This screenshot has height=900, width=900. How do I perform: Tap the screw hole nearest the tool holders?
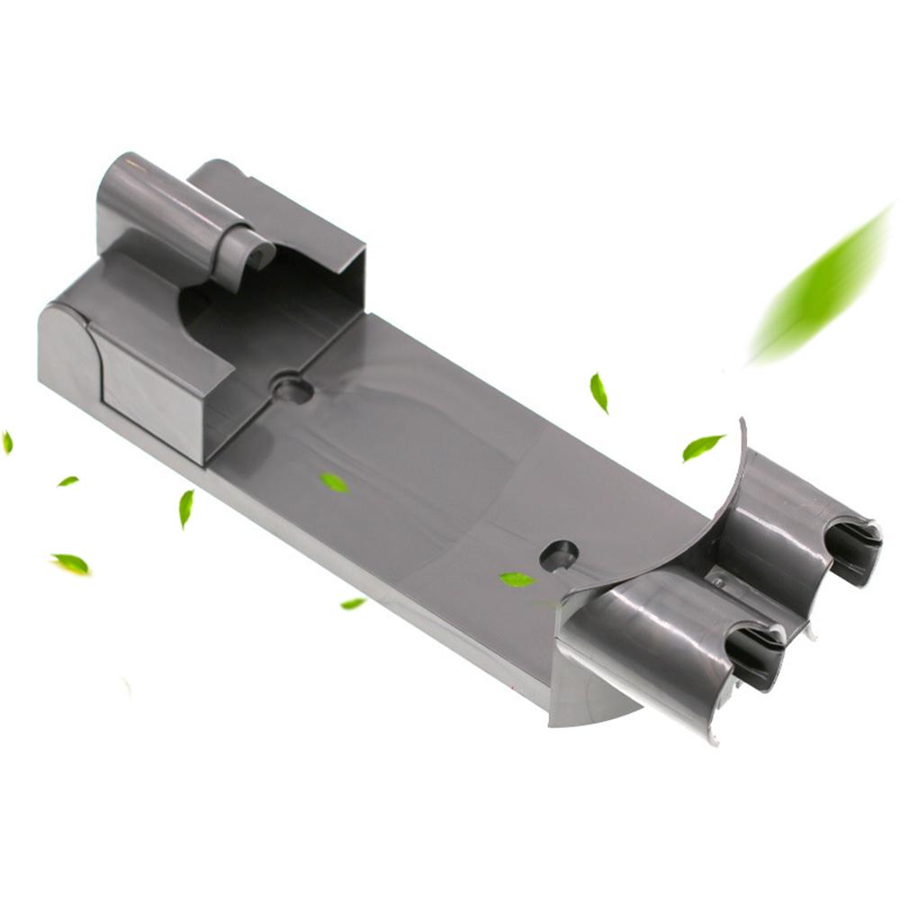(558, 554)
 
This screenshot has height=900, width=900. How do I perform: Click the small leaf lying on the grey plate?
(334, 482)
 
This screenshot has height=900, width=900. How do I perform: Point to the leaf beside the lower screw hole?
(517, 580)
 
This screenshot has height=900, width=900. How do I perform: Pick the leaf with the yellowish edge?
(71, 564)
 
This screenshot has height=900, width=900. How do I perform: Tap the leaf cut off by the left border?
(7, 442)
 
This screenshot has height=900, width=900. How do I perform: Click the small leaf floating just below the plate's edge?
(353, 603)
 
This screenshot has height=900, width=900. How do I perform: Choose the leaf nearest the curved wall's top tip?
(702, 446)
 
